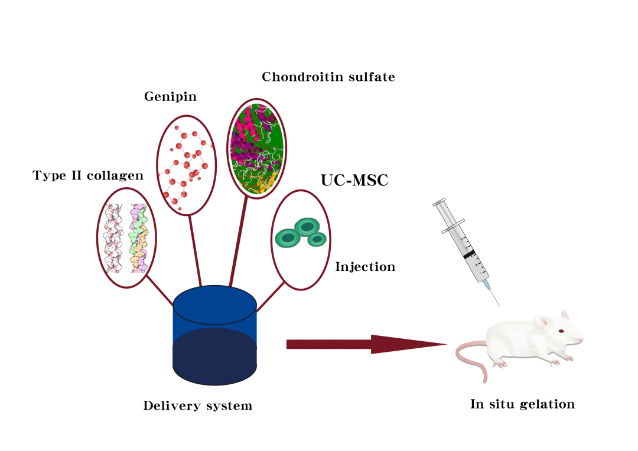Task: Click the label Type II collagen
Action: [x=88, y=176]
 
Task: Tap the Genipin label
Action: [x=171, y=97]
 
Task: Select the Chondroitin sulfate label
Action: [x=328, y=77]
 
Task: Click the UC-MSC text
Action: [x=354, y=180]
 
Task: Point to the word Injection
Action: [x=366, y=267]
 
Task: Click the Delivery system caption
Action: [x=198, y=406]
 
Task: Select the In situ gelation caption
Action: [x=522, y=404]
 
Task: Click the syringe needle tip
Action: [x=499, y=305]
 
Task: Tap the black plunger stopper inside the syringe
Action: [x=469, y=254]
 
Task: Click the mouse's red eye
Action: [x=561, y=331]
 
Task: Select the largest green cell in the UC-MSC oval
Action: [x=307, y=227]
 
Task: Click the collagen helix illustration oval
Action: [x=97, y=238]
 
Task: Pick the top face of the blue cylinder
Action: [x=215, y=305]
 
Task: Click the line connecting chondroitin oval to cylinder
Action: [x=239, y=242]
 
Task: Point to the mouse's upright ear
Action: [x=565, y=315]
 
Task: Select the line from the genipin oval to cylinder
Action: [x=195, y=250]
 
